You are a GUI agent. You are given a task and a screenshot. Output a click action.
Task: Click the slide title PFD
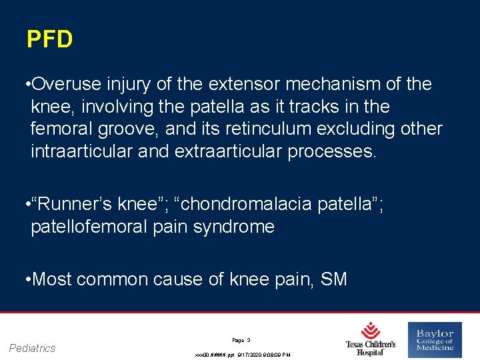pyautogui.click(x=49, y=40)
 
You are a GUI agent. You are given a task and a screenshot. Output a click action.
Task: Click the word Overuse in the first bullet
pyautogui.click(x=66, y=85)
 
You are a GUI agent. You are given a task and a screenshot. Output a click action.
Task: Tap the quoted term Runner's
pyautogui.click(x=71, y=204)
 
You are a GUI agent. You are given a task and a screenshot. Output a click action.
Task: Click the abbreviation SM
pyautogui.click(x=333, y=279)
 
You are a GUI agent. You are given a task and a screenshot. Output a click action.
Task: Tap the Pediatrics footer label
pyautogui.click(x=33, y=348)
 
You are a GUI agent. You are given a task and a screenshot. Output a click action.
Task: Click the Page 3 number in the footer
pyautogui.click(x=241, y=339)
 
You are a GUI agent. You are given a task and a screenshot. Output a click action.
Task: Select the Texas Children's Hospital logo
pyautogui.click(x=371, y=339)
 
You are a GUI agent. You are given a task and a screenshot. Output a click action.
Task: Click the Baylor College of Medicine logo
pyautogui.click(x=435, y=339)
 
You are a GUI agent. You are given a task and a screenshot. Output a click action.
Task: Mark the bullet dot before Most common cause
pyautogui.click(x=25, y=279)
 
